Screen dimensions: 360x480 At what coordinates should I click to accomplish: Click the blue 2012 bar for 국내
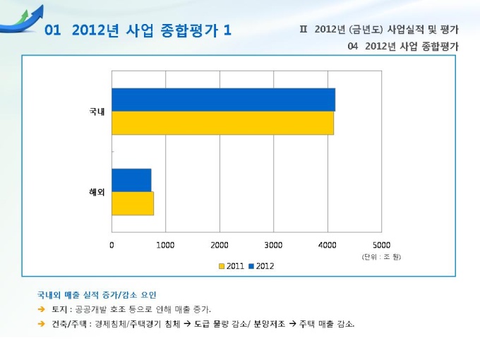point(223,100)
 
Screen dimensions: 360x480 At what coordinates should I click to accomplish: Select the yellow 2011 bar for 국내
point(222,123)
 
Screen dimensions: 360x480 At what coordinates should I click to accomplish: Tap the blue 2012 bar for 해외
point(131,180)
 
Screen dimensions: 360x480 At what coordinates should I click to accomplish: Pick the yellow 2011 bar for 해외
point(133,203)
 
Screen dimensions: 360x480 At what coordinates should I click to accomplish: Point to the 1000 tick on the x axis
point(165,245)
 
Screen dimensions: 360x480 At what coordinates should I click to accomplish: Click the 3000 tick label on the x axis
point(273,245)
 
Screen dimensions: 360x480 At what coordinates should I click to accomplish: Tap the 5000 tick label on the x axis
point(381,245)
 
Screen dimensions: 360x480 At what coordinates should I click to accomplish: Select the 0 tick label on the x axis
point(112,245)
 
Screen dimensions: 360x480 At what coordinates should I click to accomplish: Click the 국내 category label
point(97,112)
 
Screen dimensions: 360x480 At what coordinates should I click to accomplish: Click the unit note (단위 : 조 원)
point(382,256)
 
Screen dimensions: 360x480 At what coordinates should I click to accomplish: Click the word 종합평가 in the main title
point(186,30)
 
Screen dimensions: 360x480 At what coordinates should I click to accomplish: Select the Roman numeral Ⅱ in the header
point(304,30)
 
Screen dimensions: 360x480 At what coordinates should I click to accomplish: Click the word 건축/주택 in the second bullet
point(69,324)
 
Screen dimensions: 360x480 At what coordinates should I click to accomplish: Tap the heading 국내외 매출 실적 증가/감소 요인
point(97,294)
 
